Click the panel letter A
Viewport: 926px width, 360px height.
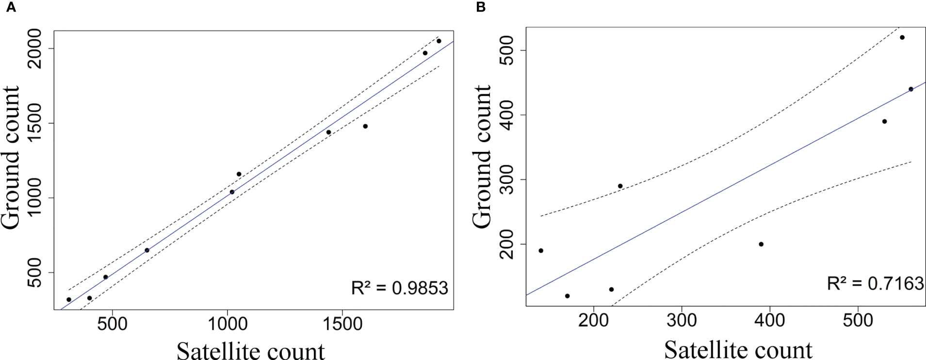[x=10, y=7]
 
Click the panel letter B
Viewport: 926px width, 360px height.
[x=481, y=7]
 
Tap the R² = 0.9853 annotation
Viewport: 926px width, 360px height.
[x=399, y=288]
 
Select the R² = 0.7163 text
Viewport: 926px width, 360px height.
[x=875, y=283]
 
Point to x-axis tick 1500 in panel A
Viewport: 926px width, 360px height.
[x=342, y=324]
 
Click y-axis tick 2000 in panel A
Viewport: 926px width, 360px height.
[x=35, y=49]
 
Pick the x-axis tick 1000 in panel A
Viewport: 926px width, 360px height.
[x=227, y=324]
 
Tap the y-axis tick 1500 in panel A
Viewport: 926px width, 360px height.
[x=35, y=123]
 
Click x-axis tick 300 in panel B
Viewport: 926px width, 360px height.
[x=682, y=320]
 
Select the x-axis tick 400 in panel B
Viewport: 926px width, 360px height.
[x=770, y=320]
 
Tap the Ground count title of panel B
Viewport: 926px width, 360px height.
[x=482, y=156]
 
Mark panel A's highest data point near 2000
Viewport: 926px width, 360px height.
[x=439, y=41]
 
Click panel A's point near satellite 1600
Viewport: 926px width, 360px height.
[x=365, y=126]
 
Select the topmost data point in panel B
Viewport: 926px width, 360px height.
[x=902, y=37]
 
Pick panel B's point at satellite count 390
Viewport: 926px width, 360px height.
[x=761, y=244]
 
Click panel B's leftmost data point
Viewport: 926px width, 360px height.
[x=541, y=251]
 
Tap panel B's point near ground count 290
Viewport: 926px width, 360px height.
[x=620, y=186]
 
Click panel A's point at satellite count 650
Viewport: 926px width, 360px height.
[x=147, y=250]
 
